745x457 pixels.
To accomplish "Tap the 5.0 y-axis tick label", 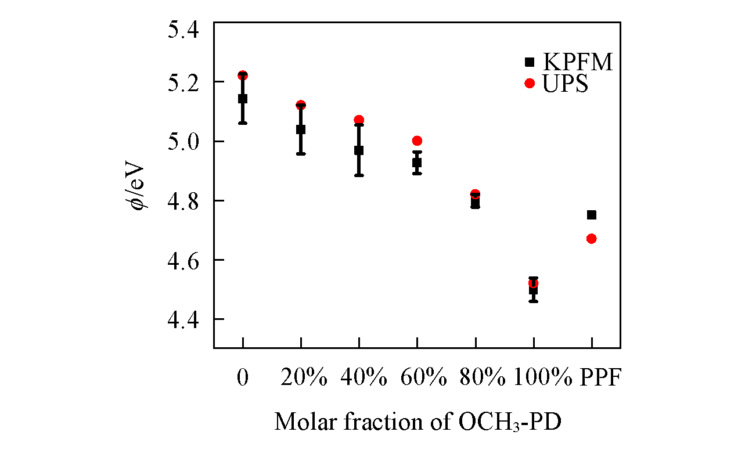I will (x=183, y=141).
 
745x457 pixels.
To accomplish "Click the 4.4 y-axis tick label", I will (x=183, y=319).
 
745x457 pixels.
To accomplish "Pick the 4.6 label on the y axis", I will (x=183, y=260).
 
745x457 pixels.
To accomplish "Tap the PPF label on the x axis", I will (x=601, y=378).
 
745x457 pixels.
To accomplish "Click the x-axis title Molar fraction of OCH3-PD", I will (x=418, y=422).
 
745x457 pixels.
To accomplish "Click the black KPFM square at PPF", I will (x=592, y=215).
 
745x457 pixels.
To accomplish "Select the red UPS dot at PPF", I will (x=592, y=239).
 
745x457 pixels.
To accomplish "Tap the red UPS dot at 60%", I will (x=417, y=141).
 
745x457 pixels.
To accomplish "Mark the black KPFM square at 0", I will (x=243, y=99).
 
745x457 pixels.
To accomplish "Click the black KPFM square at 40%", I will (x=359, y=150).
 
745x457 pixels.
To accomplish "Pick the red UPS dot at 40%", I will (x=359, y=120).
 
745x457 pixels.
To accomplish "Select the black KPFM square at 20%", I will (x=301, y=129).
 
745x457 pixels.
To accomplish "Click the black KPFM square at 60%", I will (x=417, y=163).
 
